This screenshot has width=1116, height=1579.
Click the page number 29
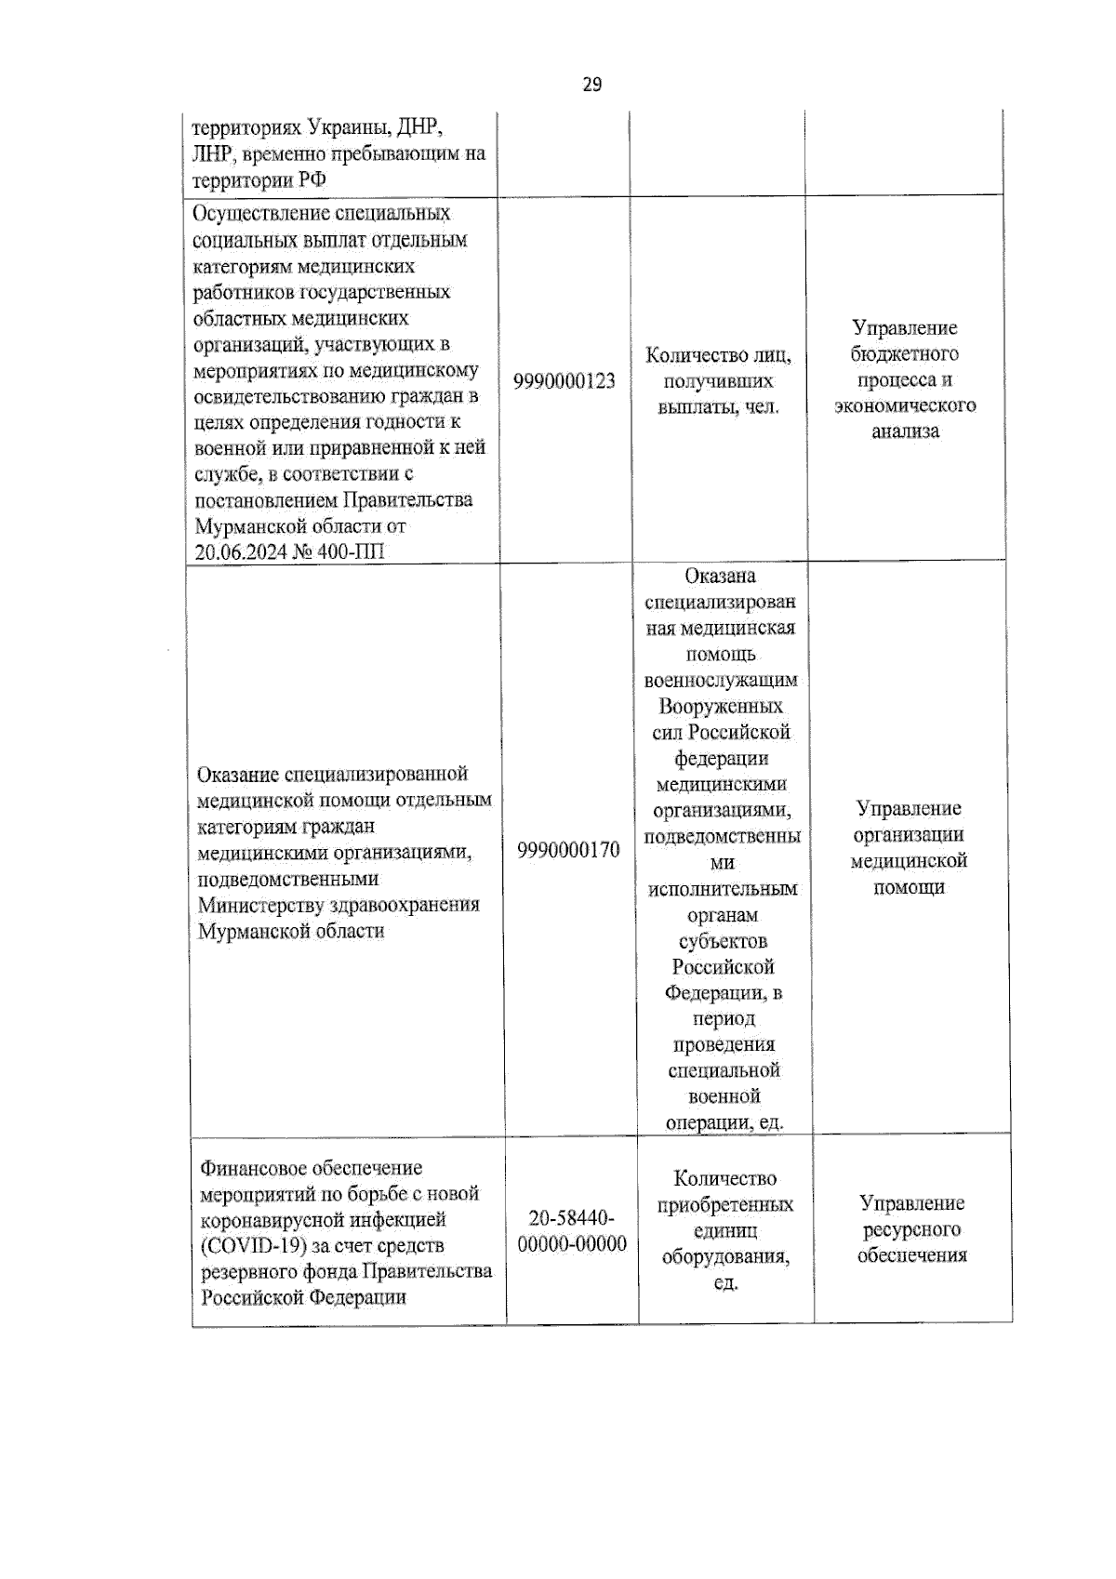click(x=591, y=85)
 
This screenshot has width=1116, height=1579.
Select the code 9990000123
click(x=565, y=381)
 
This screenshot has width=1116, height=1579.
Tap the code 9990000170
click(x=568, y=850)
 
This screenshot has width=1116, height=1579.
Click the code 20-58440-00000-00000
click(x=572, y=1231)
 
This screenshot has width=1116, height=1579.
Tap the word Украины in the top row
click(x=343, y=126)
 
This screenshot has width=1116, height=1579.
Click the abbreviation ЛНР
click(x=209, y=153)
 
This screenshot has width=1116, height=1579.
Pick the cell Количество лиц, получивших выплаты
click(x=718, y=381)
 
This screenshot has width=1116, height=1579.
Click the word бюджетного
click(x=905, y=354)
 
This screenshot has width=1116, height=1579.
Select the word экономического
click(x=905, y=405)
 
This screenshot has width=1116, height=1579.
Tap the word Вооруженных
click(x=721, y=706)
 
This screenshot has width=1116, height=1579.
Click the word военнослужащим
click(x=721, y=680)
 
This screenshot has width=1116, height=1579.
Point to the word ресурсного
click(x=911, y=1229)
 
